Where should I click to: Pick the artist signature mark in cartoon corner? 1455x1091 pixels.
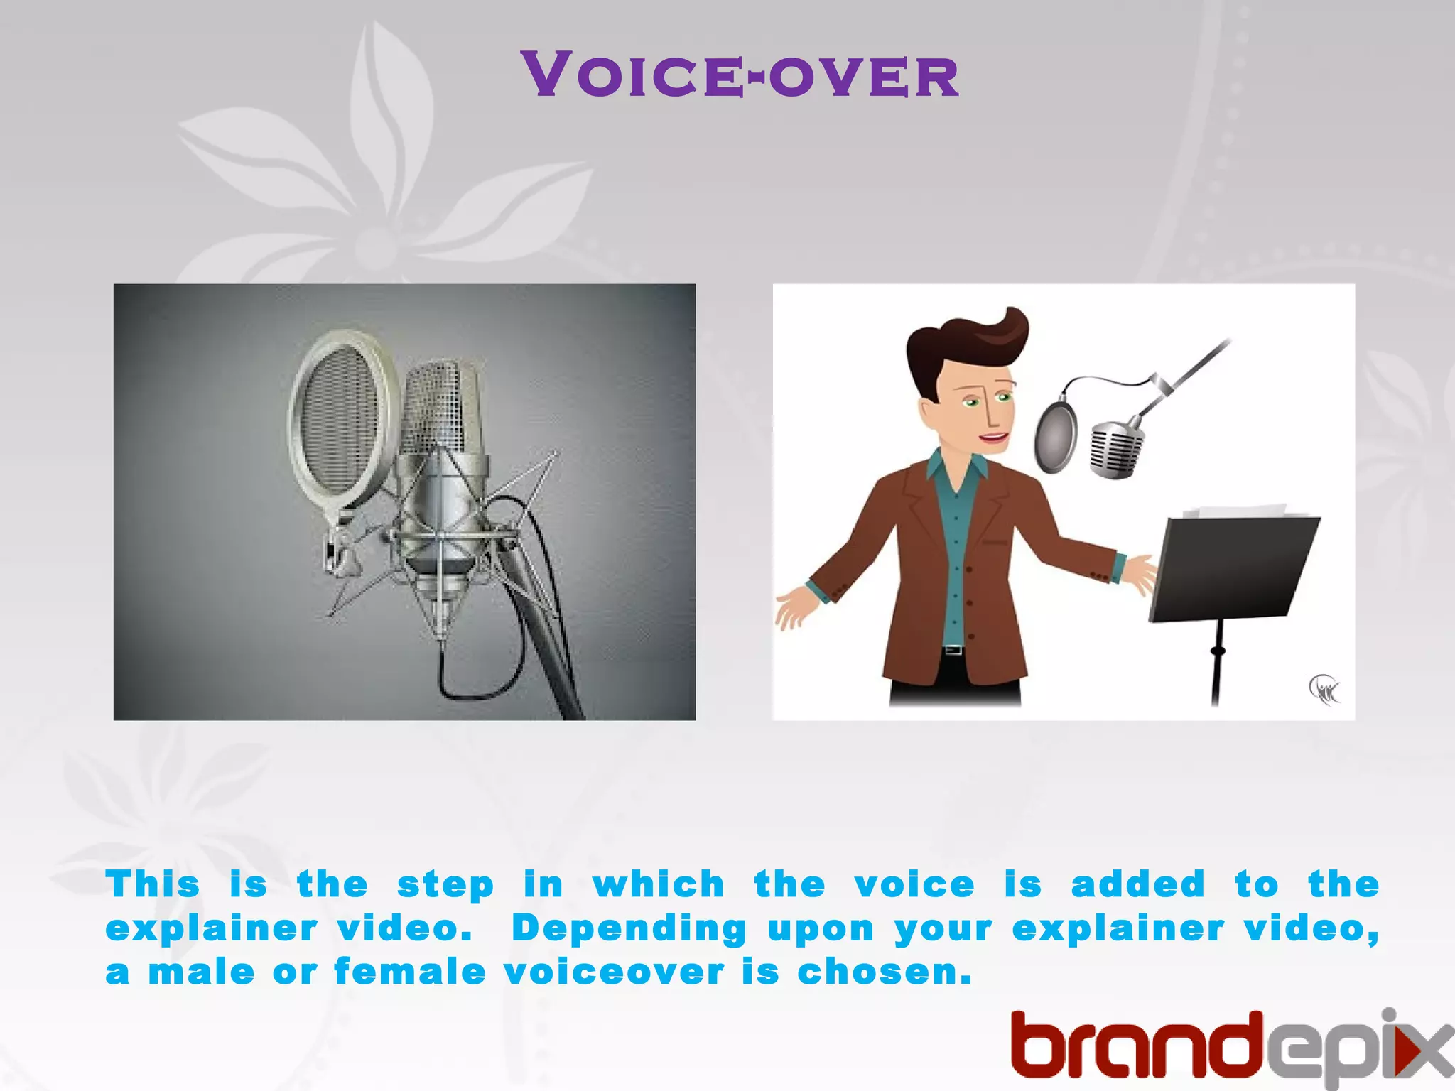point(1324,689)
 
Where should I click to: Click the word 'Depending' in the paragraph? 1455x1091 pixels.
point(629,929)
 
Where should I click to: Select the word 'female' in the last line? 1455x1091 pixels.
point(410,972)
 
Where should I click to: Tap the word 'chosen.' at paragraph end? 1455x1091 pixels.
point(884,972)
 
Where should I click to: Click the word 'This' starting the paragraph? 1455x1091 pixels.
point(153,885)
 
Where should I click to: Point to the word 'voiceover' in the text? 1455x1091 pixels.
point(615,972)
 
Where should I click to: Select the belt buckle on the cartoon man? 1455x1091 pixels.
point(953,650)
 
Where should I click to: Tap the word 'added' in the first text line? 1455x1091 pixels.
point(1138,885)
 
